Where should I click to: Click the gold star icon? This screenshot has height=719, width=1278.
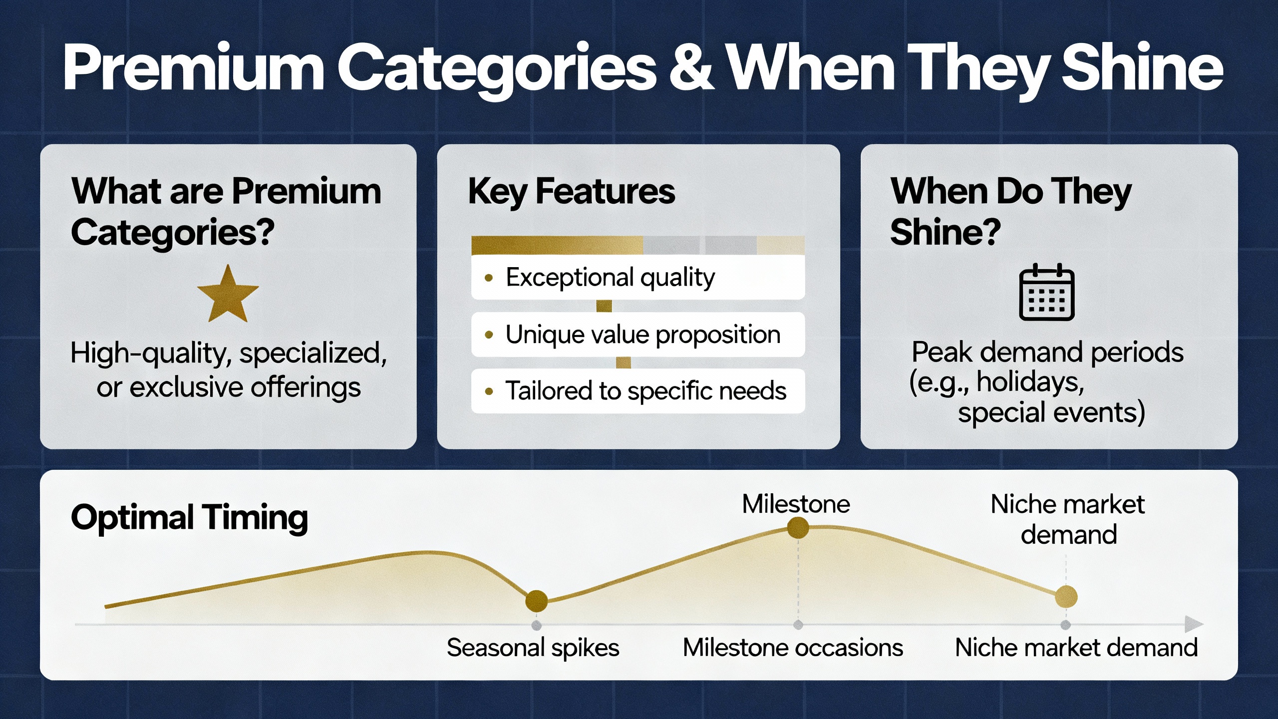click(228, 295)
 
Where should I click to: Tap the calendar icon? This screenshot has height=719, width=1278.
click(1046, 292)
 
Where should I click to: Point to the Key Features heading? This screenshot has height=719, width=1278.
click(571, 192)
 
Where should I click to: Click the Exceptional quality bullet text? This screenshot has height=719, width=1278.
click(610, 277)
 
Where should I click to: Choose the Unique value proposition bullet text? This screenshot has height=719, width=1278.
click(643, 335)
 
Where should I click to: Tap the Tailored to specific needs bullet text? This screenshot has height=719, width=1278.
click(646, 390)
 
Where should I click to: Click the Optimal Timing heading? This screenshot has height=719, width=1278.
click(189, 518)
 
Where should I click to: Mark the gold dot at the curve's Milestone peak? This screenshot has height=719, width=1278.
click(798, 527)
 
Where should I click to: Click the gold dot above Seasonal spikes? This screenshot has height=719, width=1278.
click(537, 601)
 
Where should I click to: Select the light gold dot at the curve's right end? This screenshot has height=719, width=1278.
click(1066, 597)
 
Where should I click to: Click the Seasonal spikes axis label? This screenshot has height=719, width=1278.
click(533, 648)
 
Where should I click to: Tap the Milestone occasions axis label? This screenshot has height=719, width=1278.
click(793, 648)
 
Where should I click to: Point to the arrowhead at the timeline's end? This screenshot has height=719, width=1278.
click(1194, 624)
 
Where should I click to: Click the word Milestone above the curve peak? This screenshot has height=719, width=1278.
click(796, 504)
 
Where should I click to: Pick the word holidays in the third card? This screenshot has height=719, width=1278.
click(1030, 382)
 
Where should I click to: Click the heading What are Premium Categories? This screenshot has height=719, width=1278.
click(226, 212)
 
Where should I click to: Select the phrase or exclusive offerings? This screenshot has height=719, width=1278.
click(229, 387)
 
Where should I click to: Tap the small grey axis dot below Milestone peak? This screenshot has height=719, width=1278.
click(798, 625)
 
